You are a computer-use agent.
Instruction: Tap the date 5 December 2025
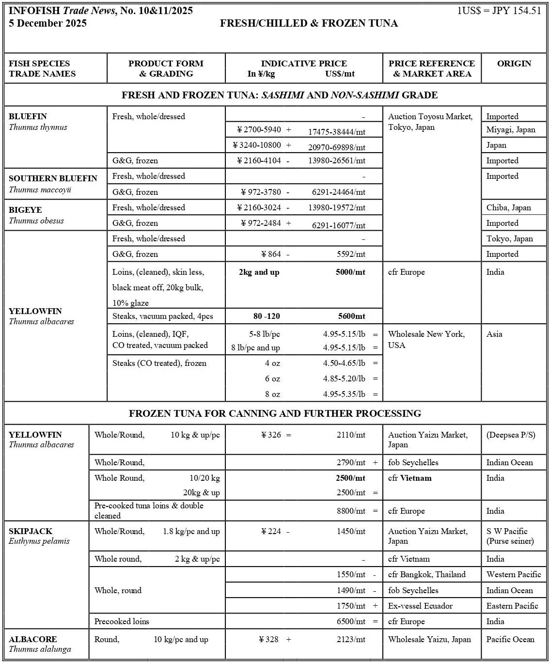[x=47, y=23]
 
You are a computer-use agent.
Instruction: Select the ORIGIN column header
[x=514, y=63]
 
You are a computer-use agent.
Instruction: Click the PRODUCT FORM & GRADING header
[x=166, y=68]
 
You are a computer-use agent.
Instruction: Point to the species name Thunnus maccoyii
[x=40, y=189]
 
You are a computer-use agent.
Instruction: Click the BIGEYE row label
[x=25, y=210]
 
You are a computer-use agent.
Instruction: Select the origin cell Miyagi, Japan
[x=511, y=129]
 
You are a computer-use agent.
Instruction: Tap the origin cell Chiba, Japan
[x=508, y=207]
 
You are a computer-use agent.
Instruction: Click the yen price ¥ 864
[x=271, y=254]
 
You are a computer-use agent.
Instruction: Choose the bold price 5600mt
[x=352, y=316]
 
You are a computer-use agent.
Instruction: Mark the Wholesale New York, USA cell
[x=426, y=339]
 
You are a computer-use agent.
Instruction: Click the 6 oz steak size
[x=272, y=378]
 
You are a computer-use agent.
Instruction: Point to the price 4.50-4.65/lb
[x=344, y=363]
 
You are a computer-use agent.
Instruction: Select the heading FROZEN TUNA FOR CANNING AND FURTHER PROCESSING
[x=275, y=413]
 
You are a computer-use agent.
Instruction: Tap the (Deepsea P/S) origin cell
[x=510, y=435]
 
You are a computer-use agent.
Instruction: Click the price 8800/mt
[x=351, y=511]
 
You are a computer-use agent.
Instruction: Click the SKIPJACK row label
[x=31, y=531]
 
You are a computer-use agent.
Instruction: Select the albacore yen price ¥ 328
[x=269, y=639]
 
